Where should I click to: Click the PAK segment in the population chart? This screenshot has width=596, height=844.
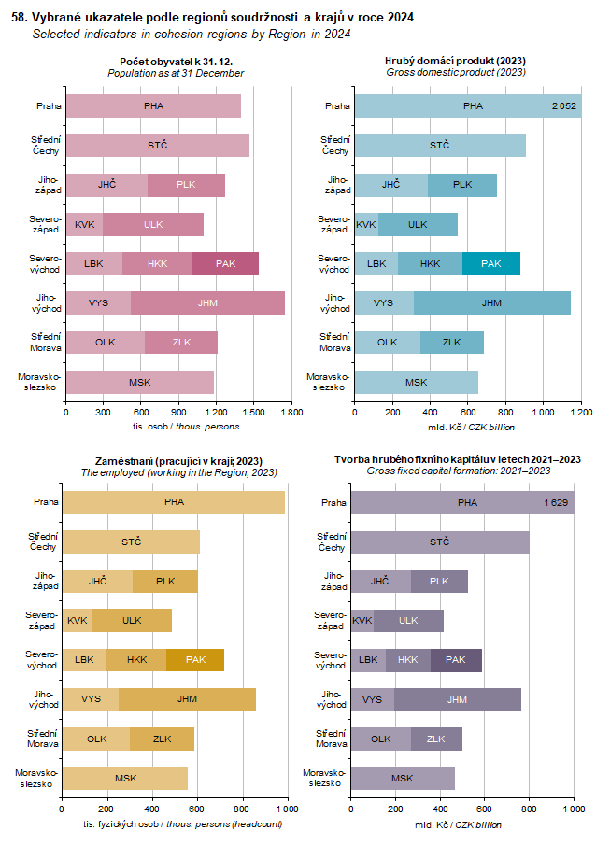[x=225, y=263]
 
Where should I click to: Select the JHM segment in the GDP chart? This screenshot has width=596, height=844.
[x=491, y=302]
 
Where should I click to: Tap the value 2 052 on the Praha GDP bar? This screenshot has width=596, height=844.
[x=564, y=105]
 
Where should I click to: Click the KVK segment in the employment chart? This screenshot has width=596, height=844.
[x=77, y=620]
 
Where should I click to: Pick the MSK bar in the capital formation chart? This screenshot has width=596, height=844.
[x=402, y=778]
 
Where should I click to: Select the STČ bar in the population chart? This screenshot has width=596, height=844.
[x=157, y=145]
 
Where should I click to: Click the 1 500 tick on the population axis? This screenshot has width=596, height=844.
[x=253, y=411]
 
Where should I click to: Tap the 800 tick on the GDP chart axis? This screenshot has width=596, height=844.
[x=505, y=411]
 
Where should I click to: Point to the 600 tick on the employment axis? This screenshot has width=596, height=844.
[x=197, y=809]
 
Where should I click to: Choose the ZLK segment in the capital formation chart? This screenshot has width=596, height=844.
[x=435, y=738]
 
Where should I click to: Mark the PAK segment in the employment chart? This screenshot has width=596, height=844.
[x=195, y=659]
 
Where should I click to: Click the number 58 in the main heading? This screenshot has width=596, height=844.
[x=16, y=17]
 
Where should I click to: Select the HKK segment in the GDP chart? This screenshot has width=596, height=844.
[x=430, y=263]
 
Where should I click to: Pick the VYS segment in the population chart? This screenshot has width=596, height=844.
[x=98, y=302]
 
